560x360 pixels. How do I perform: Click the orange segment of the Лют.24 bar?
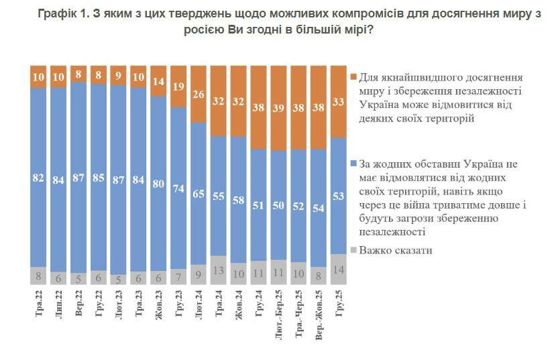(199, 95)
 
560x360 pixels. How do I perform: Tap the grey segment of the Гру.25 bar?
(339, 263)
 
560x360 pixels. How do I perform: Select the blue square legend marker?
(353, 164)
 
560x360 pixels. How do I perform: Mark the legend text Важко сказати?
(396, 250)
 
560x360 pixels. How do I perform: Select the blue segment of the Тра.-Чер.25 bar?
(300, 204)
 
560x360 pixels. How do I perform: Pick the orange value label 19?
(179, 86)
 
